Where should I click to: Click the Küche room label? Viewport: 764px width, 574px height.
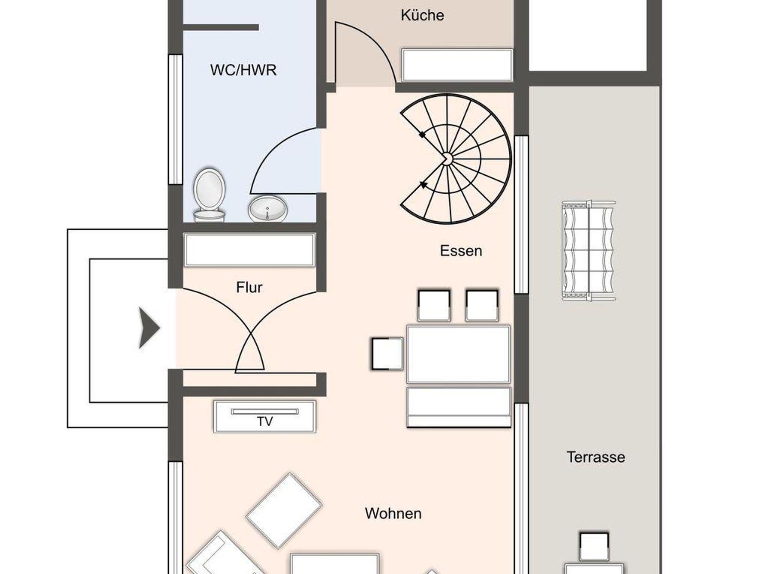[422, 15]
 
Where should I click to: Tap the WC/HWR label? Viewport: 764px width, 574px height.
[243, 70]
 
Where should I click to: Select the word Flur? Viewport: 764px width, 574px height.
[249, 287]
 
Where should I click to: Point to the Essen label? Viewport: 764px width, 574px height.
[461, 251]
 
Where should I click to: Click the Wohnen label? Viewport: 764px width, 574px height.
[393, 514]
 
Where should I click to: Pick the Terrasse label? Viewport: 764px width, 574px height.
[596, 457]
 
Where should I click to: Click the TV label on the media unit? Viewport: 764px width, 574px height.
[265, 422]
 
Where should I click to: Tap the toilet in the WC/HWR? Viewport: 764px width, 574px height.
[209, 195]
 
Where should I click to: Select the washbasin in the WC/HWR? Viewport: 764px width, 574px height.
[268, 209]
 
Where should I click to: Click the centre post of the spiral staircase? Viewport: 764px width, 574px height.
[447, 159]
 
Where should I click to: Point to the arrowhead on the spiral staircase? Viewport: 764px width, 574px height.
[423, 184]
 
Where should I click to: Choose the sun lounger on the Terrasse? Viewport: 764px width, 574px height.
[589, 250]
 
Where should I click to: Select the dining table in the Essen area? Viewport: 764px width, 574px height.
[458, 354]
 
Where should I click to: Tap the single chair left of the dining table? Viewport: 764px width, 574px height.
[388, 354]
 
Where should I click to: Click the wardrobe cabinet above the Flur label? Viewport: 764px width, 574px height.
[250, 250]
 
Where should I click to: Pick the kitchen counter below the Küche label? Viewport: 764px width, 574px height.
[457, 65]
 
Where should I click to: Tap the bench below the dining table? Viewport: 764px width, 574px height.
[459, 407]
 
